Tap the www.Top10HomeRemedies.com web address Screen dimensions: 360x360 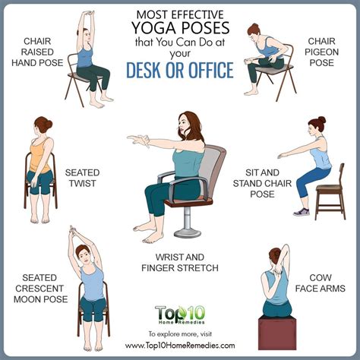tap(180, 345)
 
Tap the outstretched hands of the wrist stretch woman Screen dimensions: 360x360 tap(137, 140)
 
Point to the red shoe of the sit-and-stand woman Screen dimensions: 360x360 tap(302, 212)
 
